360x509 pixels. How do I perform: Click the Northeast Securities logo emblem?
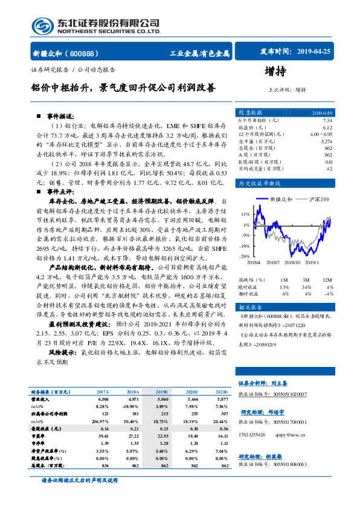(x=41, y=25)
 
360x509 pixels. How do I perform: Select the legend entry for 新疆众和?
(x=280, y=199)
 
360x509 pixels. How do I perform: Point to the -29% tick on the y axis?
(x=245, y=257)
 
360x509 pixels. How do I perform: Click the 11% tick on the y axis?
(x=245, y=215)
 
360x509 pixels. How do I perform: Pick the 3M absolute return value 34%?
(x=307, y=285)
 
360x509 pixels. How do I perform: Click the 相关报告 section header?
(x=251, y=308)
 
